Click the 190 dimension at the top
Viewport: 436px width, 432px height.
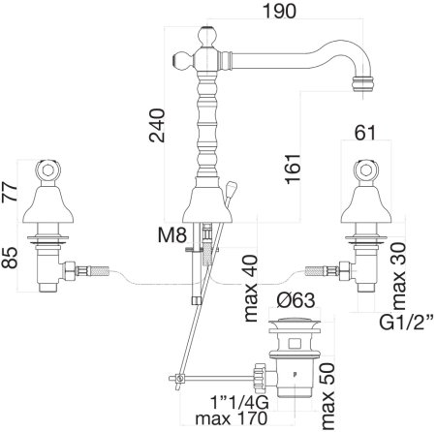tap(279, 11)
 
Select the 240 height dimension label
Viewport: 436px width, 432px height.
tap(157, 125)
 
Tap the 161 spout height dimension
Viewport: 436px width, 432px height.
tap(293, 169)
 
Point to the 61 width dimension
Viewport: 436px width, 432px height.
tap(365, 133)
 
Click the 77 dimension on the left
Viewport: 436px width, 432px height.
tap(10, 192)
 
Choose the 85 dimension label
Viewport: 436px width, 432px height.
tap(10, 258)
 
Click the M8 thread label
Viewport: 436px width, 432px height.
tap(172, 235)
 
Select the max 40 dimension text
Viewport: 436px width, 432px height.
tap(251, 288)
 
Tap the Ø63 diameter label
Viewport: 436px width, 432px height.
tap(296, 300)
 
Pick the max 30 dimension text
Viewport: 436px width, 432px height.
tap(398, 276)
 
